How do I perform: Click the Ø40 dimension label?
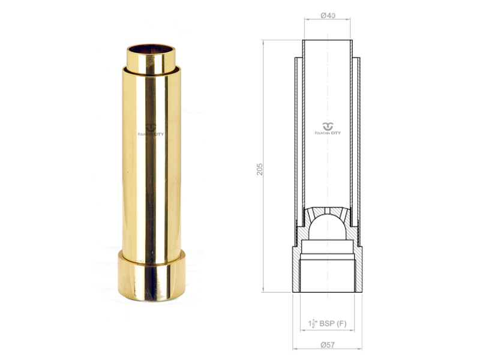tap(328, 16)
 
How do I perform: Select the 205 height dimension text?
tap(259, 169)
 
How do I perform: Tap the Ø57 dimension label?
tap(328, 344)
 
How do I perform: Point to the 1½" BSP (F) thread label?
tap(327, 323)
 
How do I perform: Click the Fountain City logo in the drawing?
tap(328, 128)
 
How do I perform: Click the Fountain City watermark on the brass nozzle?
tap(151, 130)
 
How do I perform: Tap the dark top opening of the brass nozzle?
tap(151, 49)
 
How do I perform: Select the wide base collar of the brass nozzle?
tap(152, 275)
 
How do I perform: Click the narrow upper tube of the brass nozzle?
tap(151, 59)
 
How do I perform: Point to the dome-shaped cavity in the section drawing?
tap(327, 227)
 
